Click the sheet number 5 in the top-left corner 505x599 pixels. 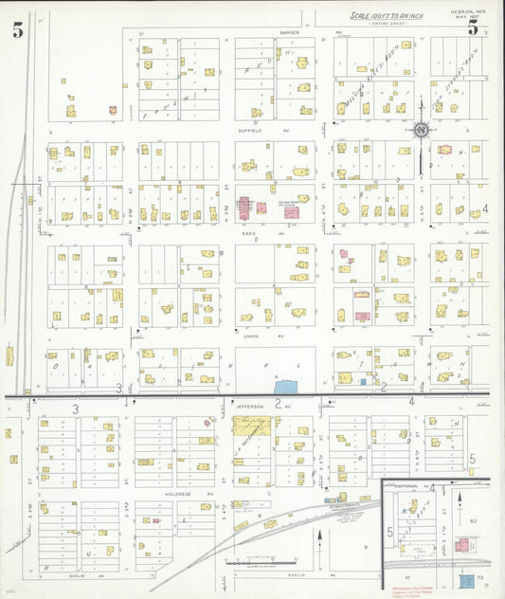click(x=18, y=30)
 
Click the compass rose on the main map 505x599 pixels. click(x=422, y=130)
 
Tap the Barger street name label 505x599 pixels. click(x=290, y=32)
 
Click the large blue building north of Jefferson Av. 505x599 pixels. click(x=285, y=386)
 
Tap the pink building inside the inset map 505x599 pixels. click(x=462, y=546)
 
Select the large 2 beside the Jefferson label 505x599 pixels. click(x=277, y=403)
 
